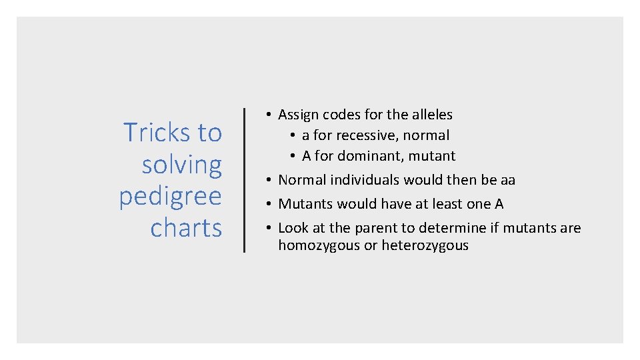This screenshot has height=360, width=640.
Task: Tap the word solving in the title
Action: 181,165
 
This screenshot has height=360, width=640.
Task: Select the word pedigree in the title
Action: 170,197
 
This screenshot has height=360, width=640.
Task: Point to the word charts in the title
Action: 186,228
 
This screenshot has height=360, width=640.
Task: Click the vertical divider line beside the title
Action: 244,180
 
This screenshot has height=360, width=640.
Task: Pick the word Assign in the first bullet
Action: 299,115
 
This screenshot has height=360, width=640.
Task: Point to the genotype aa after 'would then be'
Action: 507,180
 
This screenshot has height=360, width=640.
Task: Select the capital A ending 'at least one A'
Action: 499,204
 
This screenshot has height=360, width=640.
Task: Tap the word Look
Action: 293,228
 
